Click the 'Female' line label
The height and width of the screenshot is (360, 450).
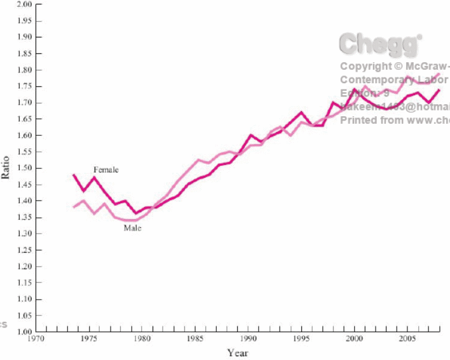pos(106,170)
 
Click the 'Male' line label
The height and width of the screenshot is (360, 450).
pos(132,228)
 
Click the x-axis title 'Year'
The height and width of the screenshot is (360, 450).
pos(238,353)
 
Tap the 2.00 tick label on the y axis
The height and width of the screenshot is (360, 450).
pos(24,4)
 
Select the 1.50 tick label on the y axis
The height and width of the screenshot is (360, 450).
pos(24,168)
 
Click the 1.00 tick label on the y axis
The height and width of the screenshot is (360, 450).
pos(24,331)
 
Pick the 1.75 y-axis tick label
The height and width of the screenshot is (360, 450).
pos(24,86)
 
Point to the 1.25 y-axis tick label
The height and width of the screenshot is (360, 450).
pos(24,250)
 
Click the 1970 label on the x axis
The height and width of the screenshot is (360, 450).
pos(37,340)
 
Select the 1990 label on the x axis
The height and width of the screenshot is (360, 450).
pos(249,340)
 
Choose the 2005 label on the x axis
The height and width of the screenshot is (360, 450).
pos(407,340)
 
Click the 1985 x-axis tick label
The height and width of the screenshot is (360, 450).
pos(194,340)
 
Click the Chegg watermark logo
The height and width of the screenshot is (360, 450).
pos(380,44)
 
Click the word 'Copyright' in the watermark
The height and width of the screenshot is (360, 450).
pos(367,66)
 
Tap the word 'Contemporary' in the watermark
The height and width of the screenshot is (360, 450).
pos(376,80)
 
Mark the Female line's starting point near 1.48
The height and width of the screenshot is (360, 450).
pos(74,175)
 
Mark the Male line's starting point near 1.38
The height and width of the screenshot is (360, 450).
pos(74,207)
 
